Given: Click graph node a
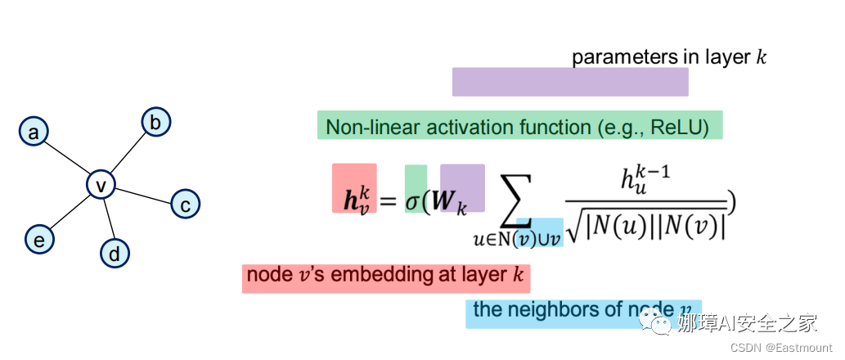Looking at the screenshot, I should [34, 132].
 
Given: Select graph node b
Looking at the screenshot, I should [155, 122].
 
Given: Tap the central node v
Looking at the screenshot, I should [101, 186].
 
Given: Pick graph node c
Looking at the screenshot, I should [186, 204].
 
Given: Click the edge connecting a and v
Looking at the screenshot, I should [67, 159].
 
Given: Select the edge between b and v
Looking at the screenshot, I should [128, 154].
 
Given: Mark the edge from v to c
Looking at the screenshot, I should [143, 195].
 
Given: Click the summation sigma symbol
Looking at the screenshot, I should [510, 199].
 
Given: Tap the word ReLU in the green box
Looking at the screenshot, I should [681, 128].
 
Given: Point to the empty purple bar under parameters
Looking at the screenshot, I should [570, 82].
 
